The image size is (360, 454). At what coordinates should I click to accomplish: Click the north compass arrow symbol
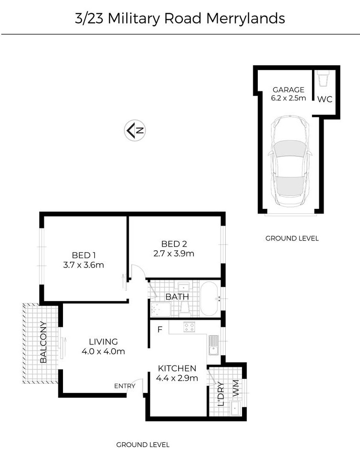click(135, 131)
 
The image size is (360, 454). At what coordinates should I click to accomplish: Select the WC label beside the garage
click(325, 99)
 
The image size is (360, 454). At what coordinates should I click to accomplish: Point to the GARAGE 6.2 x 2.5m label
click(289, 94)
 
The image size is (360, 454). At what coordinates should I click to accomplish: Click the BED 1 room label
click(83, 255)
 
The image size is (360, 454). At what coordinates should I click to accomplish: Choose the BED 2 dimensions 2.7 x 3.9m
click(174, 254)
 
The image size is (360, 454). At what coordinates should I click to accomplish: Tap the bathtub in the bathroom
click(209, 298)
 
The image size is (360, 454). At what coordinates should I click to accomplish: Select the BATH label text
click(177, 297)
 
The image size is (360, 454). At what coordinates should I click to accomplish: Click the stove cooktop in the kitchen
click(189, 327)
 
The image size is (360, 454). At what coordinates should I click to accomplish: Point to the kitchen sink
click(214, 345)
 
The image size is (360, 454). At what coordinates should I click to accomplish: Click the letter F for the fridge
click(160, 330)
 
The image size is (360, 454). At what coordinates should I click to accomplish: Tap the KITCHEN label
click(177, 368)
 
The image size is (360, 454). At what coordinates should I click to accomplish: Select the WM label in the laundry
click(235, 388)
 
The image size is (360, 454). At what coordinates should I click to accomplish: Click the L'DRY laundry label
click(221, 394)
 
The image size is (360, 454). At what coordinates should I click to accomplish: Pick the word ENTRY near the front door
click(125, 386)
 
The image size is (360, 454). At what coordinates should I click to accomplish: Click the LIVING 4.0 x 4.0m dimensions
click(104, 351)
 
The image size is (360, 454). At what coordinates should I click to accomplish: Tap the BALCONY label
click(43, 342)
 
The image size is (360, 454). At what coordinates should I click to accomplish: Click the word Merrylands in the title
click(246, 19)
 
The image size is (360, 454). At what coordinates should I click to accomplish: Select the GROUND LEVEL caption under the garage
click(292, 238)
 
